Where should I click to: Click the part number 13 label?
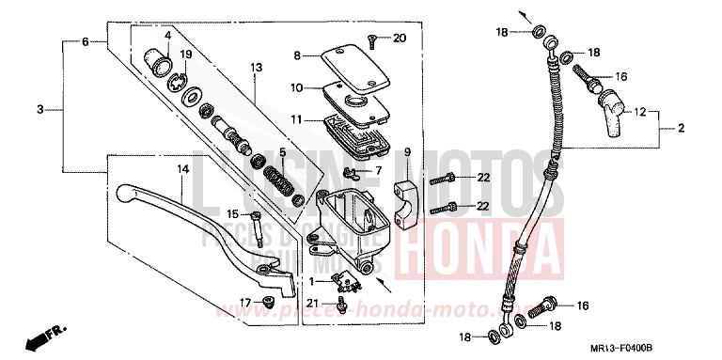pos(255,67)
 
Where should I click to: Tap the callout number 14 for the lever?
pos(184,169)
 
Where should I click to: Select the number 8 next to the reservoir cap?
pos(297,56)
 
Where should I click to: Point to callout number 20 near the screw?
pos(400,38)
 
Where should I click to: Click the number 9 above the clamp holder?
pos(408,151)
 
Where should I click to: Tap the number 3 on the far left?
pos(40,110)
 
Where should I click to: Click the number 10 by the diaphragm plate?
pos(297,87)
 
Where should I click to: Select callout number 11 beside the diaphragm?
pos(297,120)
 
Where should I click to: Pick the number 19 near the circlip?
pos(185,54)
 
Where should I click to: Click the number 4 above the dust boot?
pos(167,36)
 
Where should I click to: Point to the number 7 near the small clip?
pos(379,170)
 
